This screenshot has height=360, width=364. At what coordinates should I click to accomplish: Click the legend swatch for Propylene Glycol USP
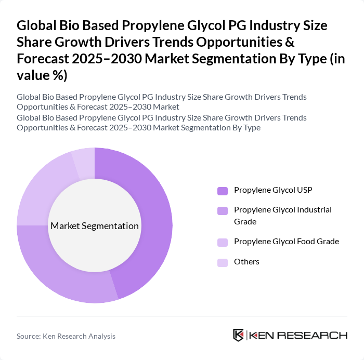(223, 191)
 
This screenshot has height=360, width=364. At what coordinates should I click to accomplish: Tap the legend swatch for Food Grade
(223, 242)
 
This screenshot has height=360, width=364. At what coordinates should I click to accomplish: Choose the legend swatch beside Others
(223, 262)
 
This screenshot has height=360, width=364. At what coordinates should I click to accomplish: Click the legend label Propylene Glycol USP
(273, 190)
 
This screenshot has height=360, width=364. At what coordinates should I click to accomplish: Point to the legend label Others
(246, 262)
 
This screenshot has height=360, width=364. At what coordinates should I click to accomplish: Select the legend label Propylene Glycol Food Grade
(287, 242)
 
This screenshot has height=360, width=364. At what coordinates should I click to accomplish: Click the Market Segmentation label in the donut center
(95, 226)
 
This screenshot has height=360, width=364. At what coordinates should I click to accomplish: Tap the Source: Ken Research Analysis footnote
(66, 336)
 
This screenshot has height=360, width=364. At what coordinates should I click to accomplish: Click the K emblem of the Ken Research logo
(238, 335)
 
